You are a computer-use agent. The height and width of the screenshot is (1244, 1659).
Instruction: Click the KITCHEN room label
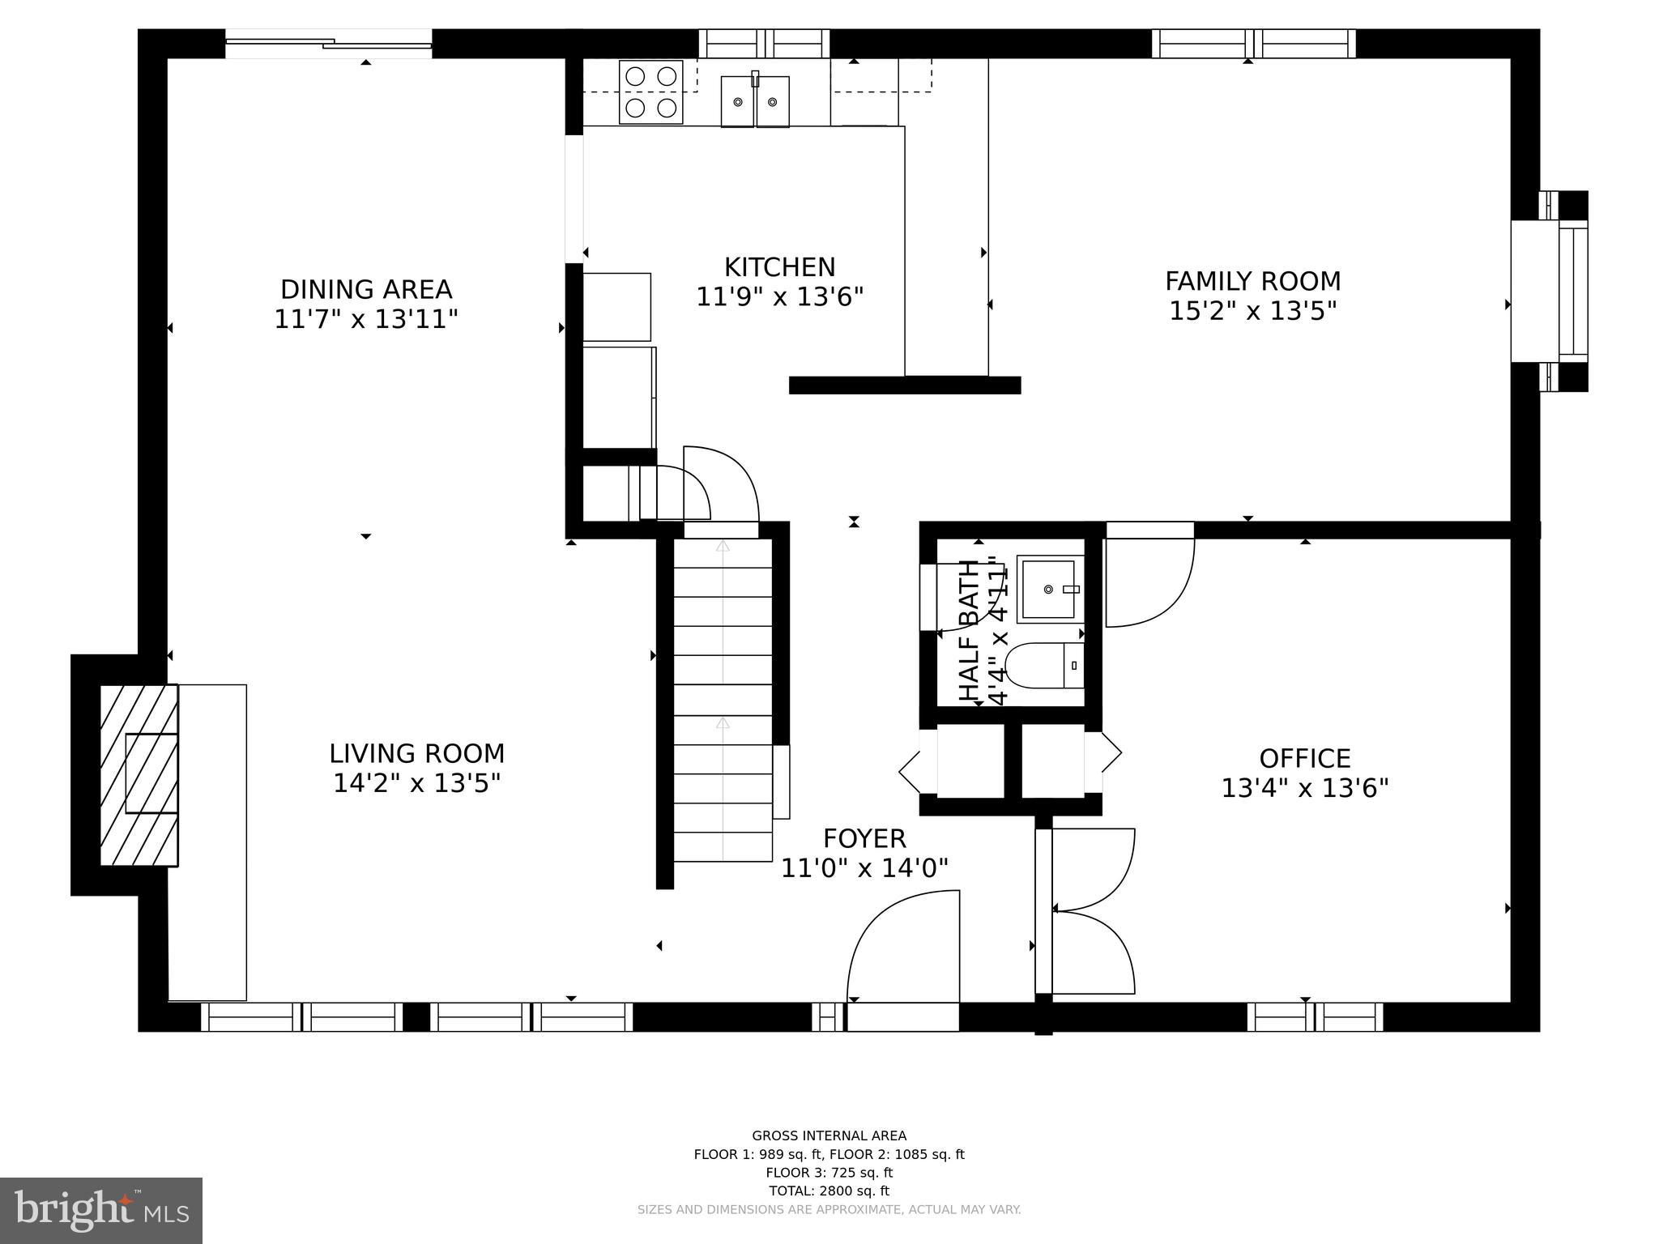tap(779, 267)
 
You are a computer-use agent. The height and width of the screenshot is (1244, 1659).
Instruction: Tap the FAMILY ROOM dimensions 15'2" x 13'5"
tap(1252, 311)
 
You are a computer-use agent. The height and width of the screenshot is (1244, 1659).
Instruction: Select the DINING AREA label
tap(366, 289)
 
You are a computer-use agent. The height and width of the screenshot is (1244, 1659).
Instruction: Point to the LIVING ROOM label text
tap(416, 754)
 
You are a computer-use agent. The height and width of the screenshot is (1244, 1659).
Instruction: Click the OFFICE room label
tap(1304, 759)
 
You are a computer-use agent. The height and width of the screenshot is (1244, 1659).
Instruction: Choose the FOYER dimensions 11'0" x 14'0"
tap(864, 868)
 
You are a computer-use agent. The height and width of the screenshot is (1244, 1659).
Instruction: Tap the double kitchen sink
tap(755, 101)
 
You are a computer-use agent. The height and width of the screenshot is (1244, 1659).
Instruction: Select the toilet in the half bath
tap(1045, 666)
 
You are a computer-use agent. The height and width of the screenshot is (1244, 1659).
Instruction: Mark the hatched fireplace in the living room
tap(139, 775)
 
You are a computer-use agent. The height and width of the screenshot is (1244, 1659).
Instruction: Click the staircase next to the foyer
tap(723, 713)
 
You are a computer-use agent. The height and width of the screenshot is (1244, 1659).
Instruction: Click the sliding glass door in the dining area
tap(328, 43)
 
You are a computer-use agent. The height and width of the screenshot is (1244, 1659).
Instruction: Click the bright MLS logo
tap(100, 1210)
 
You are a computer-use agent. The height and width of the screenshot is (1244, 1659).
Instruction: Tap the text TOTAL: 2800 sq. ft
tap(829, 1191)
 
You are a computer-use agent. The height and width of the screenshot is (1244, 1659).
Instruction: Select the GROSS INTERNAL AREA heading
tap(829, 1136)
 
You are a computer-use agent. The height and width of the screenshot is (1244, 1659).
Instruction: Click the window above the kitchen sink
tap(764, 43)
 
